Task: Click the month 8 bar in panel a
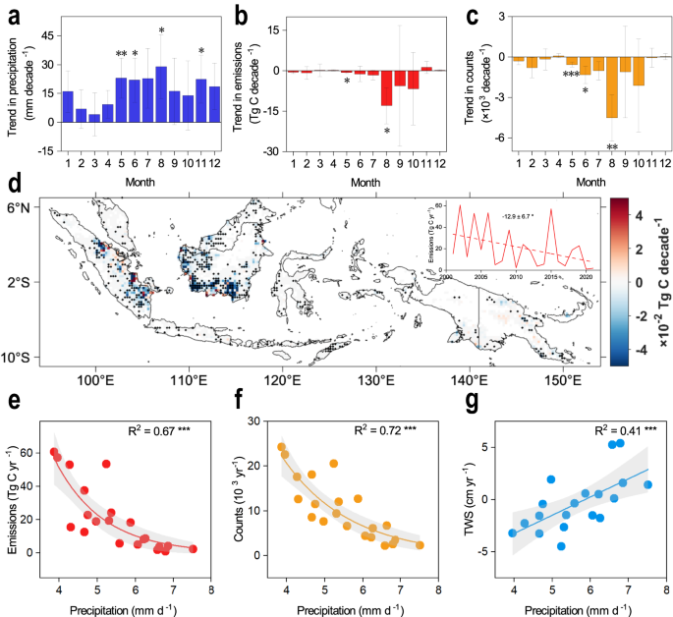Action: coord(161,97)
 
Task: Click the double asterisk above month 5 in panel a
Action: coord(121,55)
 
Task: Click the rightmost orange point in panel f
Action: coord(420,545)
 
